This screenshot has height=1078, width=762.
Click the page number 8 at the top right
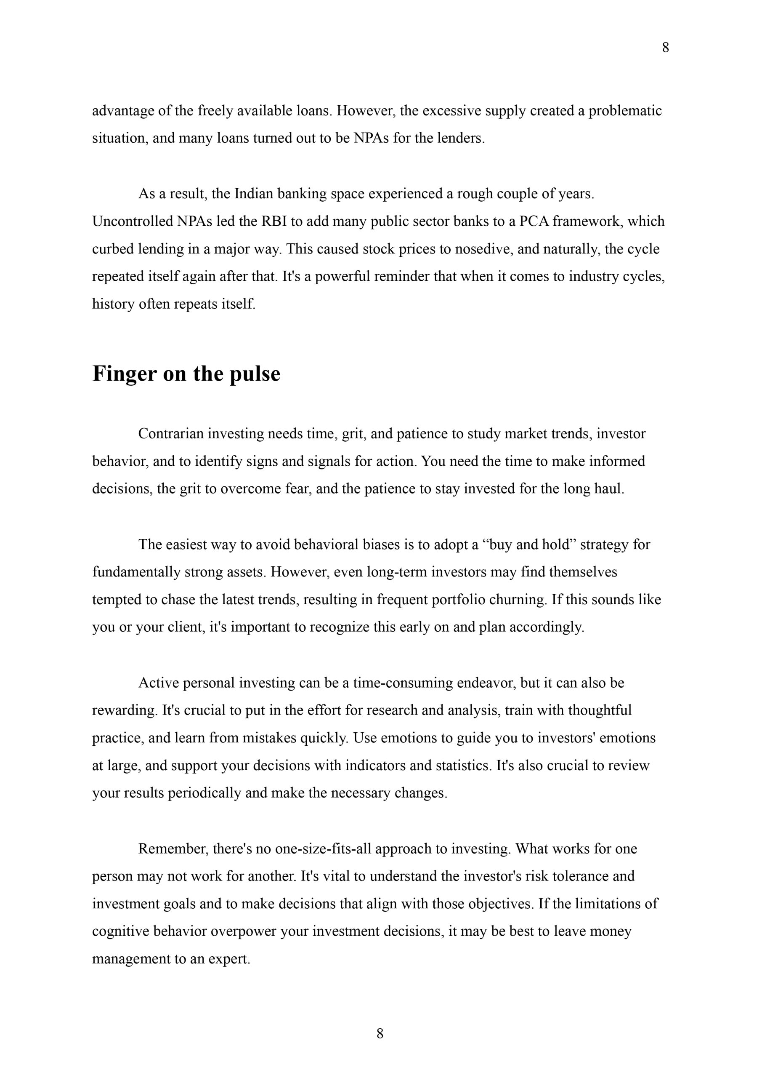click(x=665, y=48)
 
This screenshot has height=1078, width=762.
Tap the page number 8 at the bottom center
click(x=380, y=1033)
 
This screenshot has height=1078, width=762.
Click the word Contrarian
click(x=171, y=433)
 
